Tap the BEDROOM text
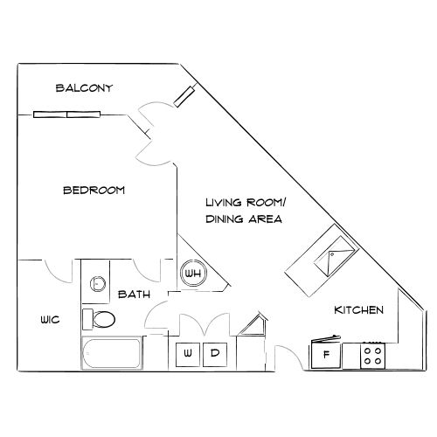pyautogui.click(x=94, y=190)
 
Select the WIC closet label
pyautogui.click(x=49, y=320)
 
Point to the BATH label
pyautogui.click(x=132, y=295)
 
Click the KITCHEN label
pyautogui.click(x=358, y=310)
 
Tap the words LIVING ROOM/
pyautogui.click(x=246, y=203)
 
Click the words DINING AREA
pyautogui.click(x=244, y=219)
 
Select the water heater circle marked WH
pyautogui.click(x=192, y=274)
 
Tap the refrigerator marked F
pyautogui.click(x=326, y=355)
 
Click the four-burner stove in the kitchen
pyautogui.click(x=373, y=355)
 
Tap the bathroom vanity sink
pyautogui.click(x=96, y=282)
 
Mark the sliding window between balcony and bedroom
pyautogui.click(x=67, y=113)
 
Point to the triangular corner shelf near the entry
pyautogui.click(x=255, y=326)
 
